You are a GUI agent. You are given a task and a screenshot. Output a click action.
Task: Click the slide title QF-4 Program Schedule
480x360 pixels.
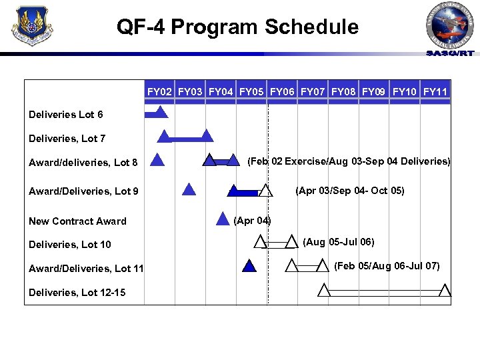click(237, 27)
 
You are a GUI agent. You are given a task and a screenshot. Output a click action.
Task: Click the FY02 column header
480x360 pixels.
click(160, 91)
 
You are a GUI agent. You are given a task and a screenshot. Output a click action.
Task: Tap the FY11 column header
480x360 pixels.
click(435, 91)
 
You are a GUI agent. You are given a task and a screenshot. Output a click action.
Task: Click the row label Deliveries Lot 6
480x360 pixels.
click(66, 115)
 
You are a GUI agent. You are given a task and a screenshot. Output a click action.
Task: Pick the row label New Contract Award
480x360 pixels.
click(77, 221)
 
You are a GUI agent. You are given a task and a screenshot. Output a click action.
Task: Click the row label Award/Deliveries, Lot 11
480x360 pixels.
click(86, 268)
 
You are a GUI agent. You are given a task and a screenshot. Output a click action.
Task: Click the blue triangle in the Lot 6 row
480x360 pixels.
click(160, 113)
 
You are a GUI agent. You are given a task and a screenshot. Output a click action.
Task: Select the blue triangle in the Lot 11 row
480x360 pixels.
click(249, 267)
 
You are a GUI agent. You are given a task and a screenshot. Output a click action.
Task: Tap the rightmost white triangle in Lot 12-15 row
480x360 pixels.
click(445, 290)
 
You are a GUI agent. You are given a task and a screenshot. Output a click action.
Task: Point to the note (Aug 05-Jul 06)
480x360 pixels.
click(339, 241)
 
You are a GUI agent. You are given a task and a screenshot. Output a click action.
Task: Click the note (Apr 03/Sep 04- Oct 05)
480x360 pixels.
click(349, 191)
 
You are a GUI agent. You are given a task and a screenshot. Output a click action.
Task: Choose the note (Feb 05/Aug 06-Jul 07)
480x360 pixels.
click(387, 266)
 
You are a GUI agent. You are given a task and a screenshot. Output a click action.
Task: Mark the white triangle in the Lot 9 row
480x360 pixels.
click(265, 191)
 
